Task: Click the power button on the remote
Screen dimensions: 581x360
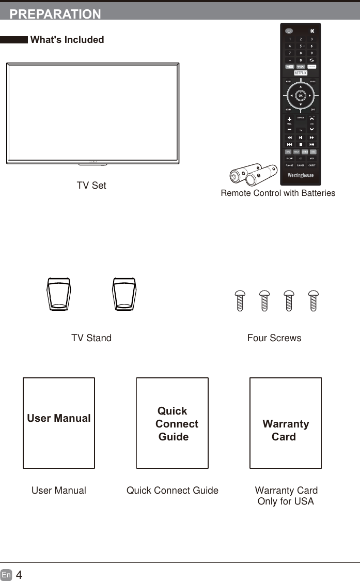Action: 289,30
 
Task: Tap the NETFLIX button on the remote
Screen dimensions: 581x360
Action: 301,73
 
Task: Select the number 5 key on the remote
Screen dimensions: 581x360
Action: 301,46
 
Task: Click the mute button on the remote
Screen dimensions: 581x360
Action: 312,30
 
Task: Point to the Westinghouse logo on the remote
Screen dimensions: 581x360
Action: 301,175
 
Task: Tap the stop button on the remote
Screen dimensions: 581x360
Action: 301,144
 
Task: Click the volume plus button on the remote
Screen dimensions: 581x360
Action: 289,119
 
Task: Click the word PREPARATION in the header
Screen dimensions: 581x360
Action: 55,14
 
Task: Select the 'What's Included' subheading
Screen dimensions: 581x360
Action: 67,40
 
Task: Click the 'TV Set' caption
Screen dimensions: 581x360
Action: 91,186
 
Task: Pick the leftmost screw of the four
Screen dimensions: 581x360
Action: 240,300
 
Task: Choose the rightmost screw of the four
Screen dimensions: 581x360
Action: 313,300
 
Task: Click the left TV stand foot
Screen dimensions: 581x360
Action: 59,295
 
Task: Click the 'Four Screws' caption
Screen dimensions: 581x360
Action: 274,338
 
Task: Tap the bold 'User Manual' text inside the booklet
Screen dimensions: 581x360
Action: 59,418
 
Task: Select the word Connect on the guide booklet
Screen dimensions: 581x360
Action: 177,424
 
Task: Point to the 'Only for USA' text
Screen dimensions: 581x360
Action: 286,501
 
